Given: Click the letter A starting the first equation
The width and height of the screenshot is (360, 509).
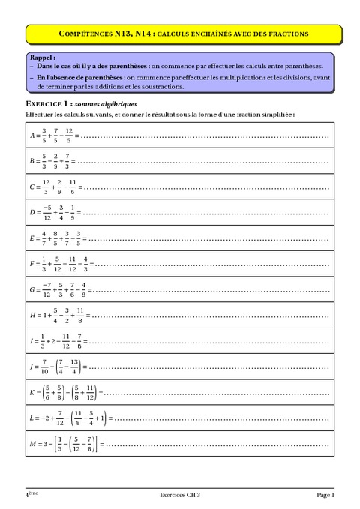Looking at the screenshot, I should (x=31, y=136).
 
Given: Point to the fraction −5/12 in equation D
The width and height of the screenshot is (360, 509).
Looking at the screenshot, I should (x=46, y=212).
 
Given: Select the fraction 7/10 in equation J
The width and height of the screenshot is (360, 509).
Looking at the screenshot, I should (x=44, y=367).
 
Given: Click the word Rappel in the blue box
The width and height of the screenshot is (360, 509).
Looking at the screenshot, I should (x=42, y=57).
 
